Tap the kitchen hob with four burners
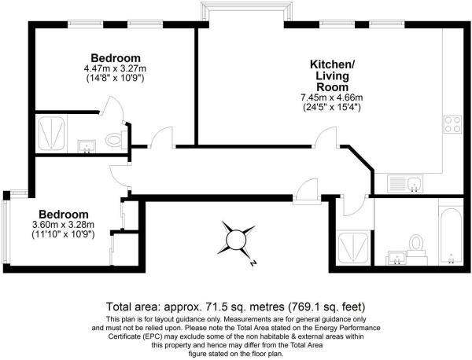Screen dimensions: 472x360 pos(452,124)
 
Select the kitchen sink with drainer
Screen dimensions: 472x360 pos(405,184)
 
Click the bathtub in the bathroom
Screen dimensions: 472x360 pos(451,236)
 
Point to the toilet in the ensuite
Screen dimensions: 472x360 pos(115,140)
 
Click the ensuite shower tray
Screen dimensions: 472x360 pos(51,134)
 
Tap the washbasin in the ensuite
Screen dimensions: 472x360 pos(87,146)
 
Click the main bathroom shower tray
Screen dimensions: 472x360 pos(353,248)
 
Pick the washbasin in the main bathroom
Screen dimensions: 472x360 pos(395,258)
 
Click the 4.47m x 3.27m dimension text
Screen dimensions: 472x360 pos(116,68)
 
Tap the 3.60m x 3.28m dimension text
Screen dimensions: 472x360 pos(63,224)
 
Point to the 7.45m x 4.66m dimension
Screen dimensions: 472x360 pos(332,97)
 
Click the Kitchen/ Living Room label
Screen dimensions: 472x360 pos(332,75)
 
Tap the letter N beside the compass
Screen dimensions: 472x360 pos(253,263)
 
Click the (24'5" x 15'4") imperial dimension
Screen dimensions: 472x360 pos(332,108)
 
